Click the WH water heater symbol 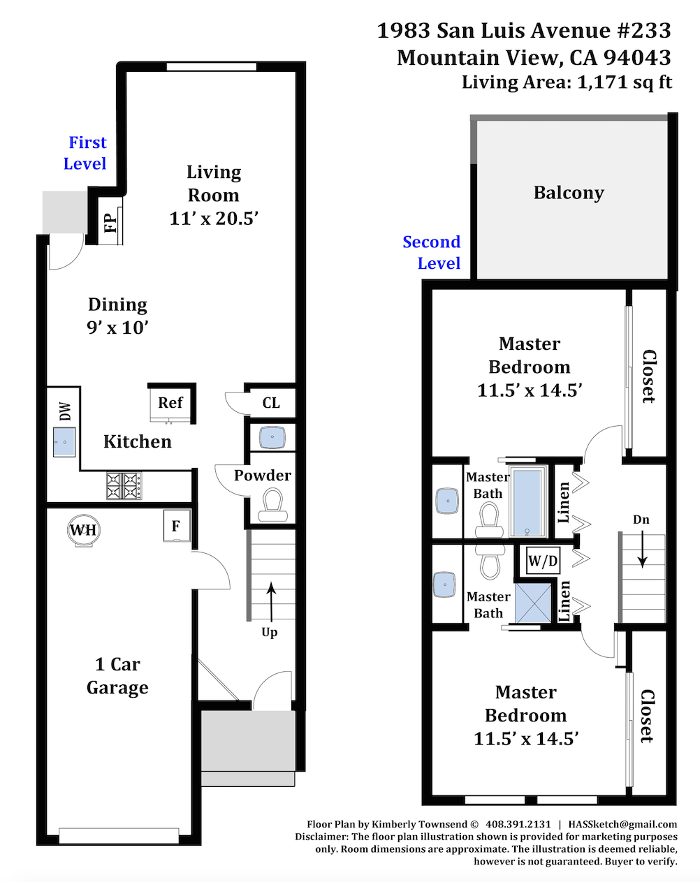[x=84, y=530]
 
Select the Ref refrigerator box [x=170, y=404]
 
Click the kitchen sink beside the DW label [x=64, y=442]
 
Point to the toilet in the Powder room [x=270, y=505]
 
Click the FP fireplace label [x=111, y=223]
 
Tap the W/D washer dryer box [x=543, y=560]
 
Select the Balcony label [x=569, y=193]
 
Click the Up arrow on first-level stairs [x=270, y=602]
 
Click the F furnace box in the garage [x=177, y=526]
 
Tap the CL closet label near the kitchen [x=271, y=403]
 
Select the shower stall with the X [x=533, y=603]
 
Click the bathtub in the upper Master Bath [x=527, y=501]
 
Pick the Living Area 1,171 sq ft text [x=567, y=82]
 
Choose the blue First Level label [x=85, y=153]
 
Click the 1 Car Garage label [x=117, y=676]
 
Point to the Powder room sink [x=272, y=437]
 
